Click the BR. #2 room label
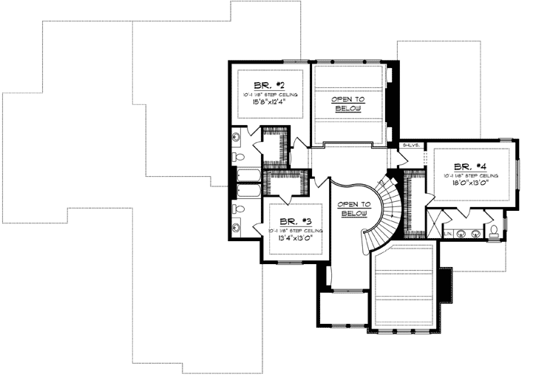266,85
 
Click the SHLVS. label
411,146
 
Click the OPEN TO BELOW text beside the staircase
352,209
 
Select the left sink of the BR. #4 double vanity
461,234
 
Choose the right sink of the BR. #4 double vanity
475,234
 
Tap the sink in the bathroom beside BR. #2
237,136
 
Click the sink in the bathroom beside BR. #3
237,229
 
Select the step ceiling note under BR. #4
472,176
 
